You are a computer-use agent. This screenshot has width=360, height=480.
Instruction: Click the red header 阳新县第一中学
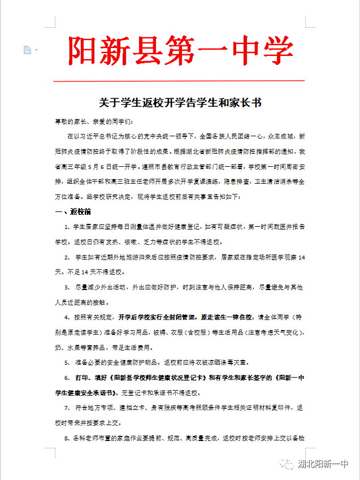pos(180,50)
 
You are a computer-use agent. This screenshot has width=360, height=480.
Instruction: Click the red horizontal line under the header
pos(180,81)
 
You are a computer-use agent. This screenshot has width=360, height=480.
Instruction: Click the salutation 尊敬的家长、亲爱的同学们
pos(94,122)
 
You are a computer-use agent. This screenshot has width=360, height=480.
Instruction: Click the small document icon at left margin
pos(27,50)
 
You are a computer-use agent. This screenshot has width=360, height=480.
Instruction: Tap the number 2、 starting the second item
pos(69,257)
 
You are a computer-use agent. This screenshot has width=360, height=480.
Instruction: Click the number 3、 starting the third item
pos(69,287)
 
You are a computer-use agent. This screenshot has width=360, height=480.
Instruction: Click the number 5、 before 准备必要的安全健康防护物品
pos(69,362)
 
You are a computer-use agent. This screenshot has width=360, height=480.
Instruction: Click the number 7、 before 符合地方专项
pos(69,408)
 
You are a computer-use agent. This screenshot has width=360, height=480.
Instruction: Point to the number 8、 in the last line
pos(69,438)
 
